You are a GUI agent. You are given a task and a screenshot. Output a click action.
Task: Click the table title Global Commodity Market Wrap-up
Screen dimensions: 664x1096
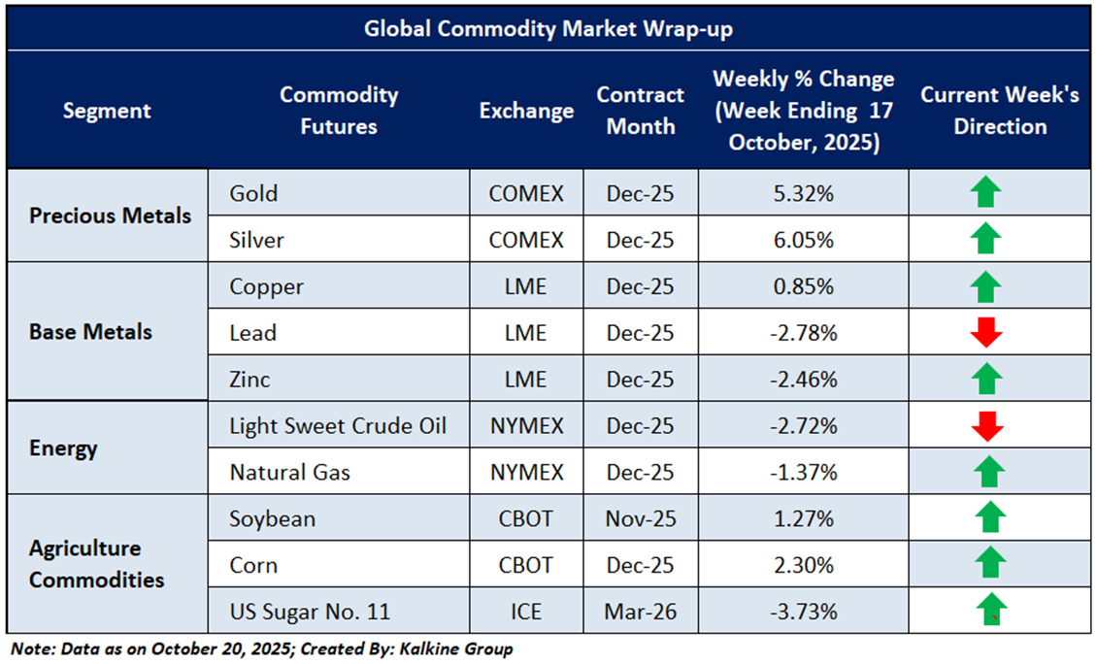click(x=548, y=29)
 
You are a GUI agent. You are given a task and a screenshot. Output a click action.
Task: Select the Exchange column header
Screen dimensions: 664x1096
click(x=526, y=111)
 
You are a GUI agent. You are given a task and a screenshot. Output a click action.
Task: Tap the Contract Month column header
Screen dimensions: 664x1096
click(x=640, y=111)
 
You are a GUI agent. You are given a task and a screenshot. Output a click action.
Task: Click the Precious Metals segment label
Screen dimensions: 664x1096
click(x=110, y=216)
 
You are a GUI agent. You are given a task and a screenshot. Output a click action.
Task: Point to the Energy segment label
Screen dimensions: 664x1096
click(x=63, y=448)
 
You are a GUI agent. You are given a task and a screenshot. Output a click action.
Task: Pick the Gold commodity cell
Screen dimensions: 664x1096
click(x=253, y=193)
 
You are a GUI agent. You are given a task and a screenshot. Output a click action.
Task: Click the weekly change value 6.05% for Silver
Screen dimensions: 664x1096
click(x=801, y=239)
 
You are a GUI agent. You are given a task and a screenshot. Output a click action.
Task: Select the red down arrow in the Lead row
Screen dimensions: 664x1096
click(x=985, y=333)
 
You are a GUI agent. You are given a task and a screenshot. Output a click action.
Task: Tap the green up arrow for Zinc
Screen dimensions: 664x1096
click(x=985, y=379)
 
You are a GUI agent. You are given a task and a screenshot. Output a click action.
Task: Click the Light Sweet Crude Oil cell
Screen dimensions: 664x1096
click(x=338, y=426)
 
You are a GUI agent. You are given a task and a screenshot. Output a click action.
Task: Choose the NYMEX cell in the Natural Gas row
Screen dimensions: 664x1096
click(x=526, y=473)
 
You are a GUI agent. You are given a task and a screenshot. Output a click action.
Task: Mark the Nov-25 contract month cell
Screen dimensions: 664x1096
click(x=640, y=519)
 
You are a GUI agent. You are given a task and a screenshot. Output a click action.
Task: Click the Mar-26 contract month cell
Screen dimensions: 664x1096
click(x=640, y=613)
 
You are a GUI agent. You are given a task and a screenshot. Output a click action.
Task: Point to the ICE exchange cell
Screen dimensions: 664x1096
click(x=526, y=613)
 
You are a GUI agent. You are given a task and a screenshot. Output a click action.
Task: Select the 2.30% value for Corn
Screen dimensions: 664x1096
click(x=801, y=565)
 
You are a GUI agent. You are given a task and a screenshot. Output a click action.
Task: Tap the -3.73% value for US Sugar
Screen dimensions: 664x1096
click(x=801, y=613)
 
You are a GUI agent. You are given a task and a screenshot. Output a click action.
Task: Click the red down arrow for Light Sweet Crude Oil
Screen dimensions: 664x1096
click(x=985, y=426)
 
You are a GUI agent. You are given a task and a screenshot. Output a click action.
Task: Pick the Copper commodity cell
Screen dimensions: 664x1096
click(x=266, y=286)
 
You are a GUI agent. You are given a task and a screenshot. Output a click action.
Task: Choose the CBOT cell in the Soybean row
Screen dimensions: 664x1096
click(x=526, y=519)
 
